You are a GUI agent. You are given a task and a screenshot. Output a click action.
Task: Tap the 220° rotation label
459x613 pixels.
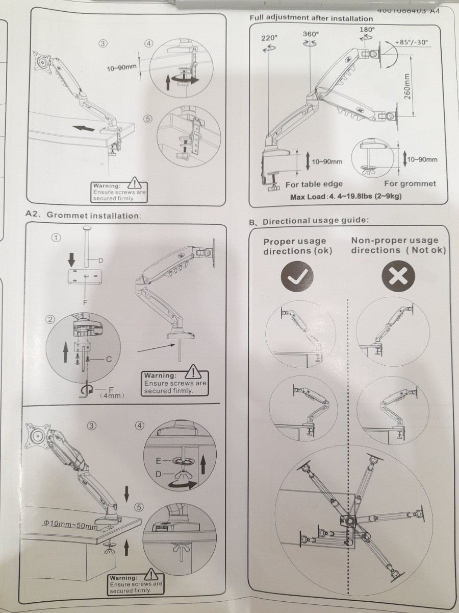[269, 38]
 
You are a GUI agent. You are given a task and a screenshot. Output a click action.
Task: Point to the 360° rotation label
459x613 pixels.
[311, 34]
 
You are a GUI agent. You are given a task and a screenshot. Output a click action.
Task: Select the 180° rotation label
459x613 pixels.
[367, 29]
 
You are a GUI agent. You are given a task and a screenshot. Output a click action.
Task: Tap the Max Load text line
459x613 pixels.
[344, 197]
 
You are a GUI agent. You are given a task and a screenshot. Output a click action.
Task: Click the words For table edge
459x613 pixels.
[314, 184]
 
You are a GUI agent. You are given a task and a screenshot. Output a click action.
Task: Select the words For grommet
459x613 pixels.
[410, 183]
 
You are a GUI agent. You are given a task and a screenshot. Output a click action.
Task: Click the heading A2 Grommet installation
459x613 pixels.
[83, 215]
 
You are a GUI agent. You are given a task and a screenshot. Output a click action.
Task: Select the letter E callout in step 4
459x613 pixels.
[159, 461]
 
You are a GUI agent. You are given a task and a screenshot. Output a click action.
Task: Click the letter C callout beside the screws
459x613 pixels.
[109, 359]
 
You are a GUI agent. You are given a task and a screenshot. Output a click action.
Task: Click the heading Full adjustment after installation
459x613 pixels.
[311, 18]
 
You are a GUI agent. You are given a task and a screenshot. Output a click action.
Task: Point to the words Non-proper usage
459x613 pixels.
[394, 240]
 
